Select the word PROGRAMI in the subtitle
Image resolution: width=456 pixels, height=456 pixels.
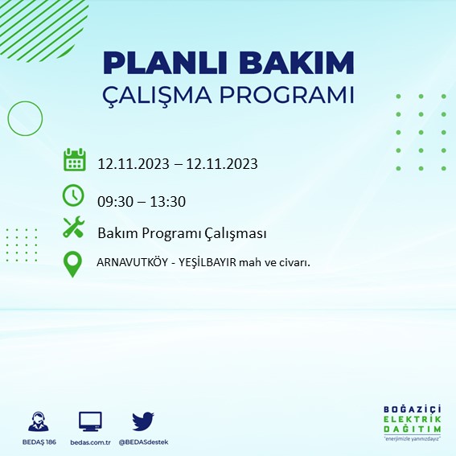(x=293, y=95)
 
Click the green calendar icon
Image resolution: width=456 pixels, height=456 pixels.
(x=74, y=160)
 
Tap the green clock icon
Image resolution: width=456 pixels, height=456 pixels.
(x=73, y=195)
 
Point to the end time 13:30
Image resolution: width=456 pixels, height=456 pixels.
(x=169, y=201)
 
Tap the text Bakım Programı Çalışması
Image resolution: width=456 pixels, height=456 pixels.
(x=182, y=233)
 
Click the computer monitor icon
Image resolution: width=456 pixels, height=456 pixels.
(x=89, y=421)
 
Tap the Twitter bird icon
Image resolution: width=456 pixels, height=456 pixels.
(x=143, y=421)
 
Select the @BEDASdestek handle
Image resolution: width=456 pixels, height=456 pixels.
(x=144, y=442)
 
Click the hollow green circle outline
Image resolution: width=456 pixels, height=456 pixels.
(x=25, y=118)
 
